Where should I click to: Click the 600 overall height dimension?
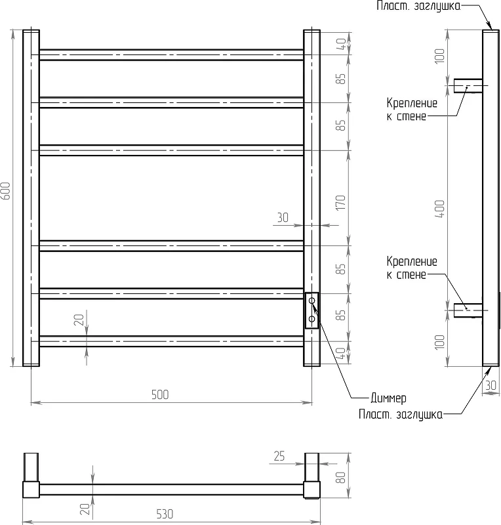coord(6,191)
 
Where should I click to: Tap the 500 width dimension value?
coord(160,395)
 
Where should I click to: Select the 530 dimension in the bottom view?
coord(165,514)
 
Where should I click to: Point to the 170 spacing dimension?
coord(340,203)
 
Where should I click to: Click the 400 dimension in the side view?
coord(440,209)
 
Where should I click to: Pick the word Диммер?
coord(389,398)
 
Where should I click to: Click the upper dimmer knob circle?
coord(312,301)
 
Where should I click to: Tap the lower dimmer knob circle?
coord(312,319)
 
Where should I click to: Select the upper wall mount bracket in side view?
coord(468,86)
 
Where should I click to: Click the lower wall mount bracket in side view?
coord(468,310)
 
